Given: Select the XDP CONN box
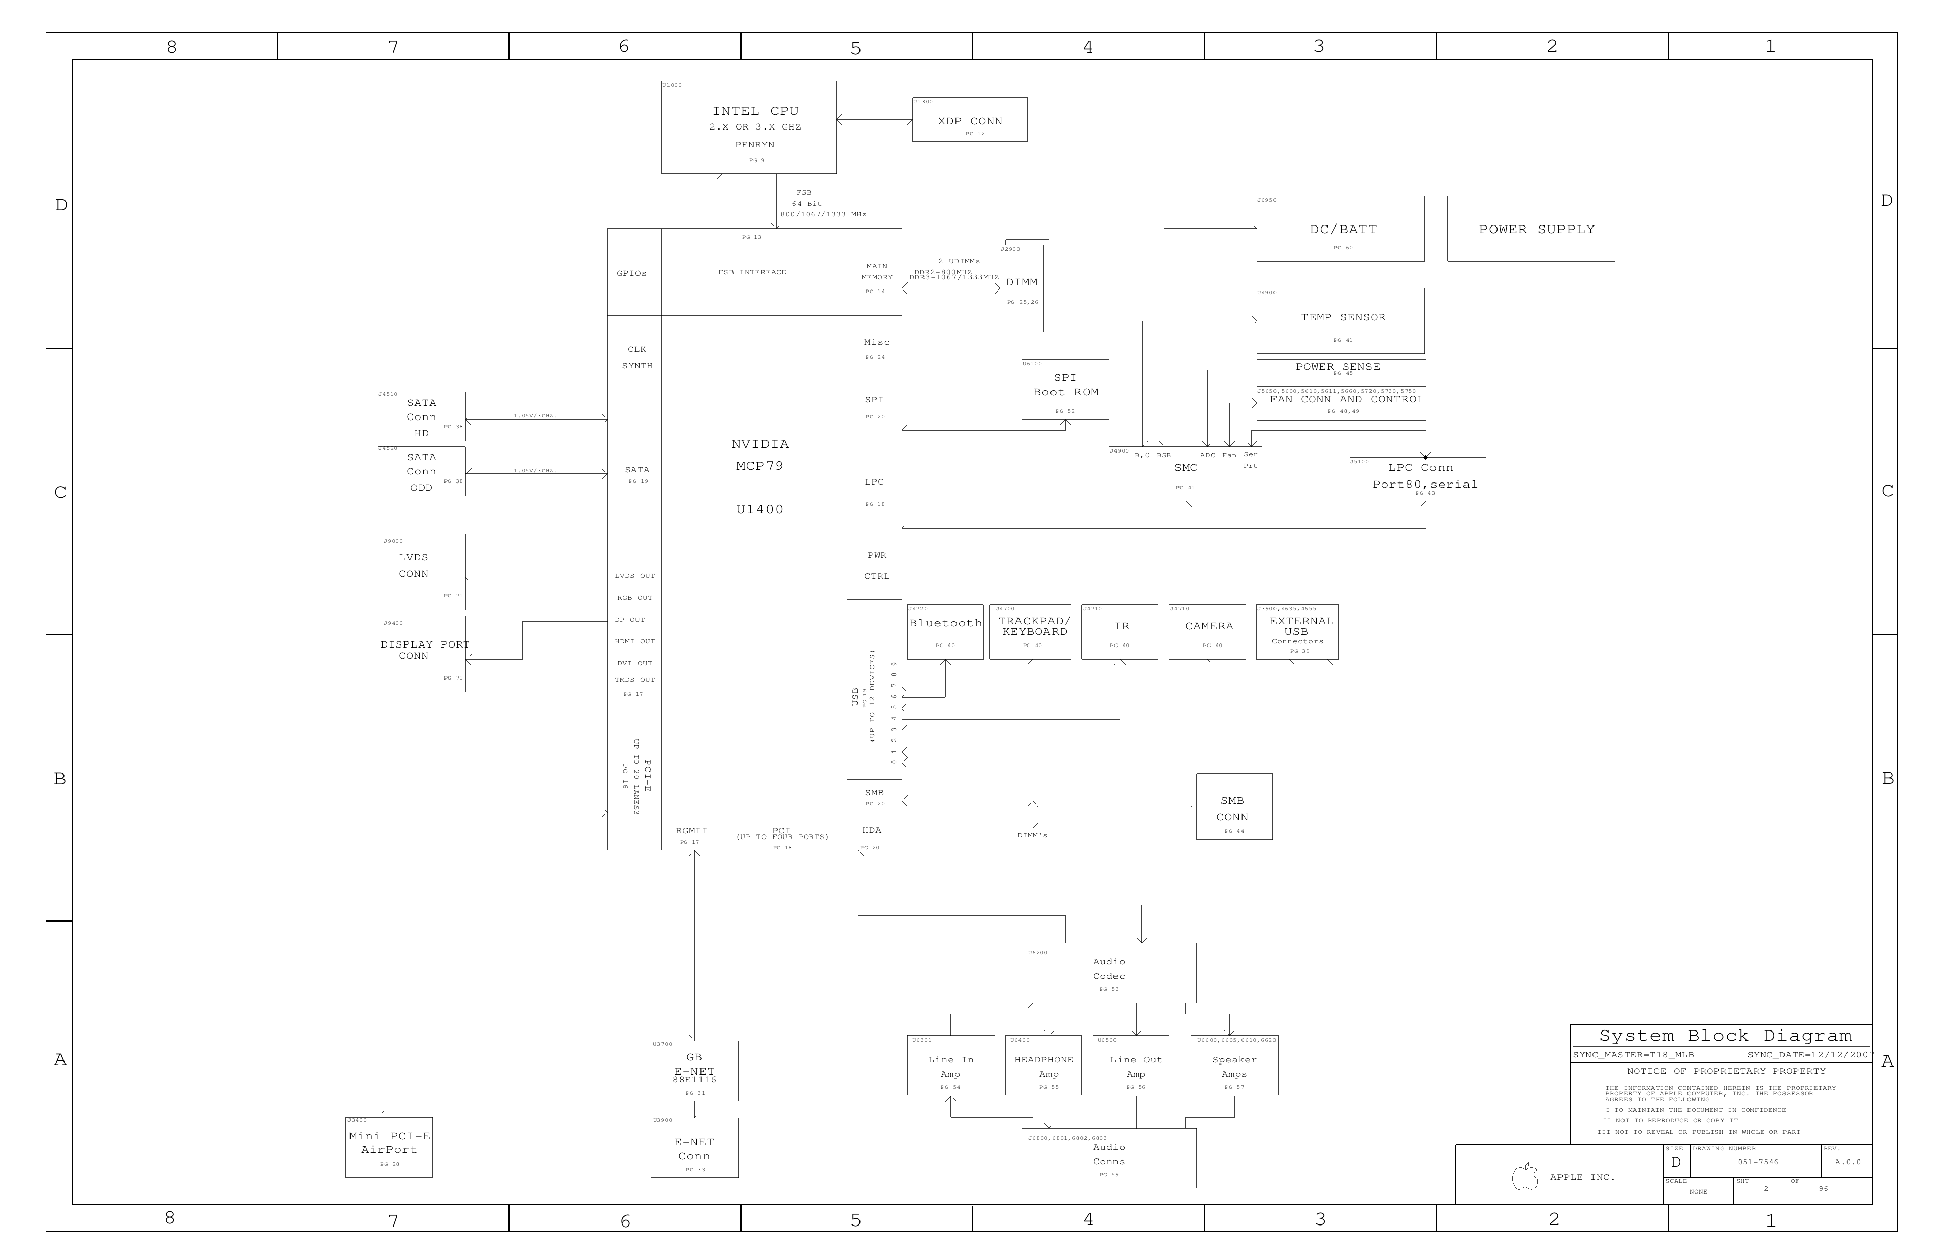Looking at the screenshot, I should (x=969, y=120).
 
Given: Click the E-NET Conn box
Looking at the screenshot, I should (x=694, y=1148).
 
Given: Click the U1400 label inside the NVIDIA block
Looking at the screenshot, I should (x=759, y=510).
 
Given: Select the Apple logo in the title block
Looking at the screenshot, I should (x=1524, y=1177).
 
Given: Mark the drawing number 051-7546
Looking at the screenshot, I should (x=1758, y=1162).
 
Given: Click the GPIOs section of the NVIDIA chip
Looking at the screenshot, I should (x=632, y=273).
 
